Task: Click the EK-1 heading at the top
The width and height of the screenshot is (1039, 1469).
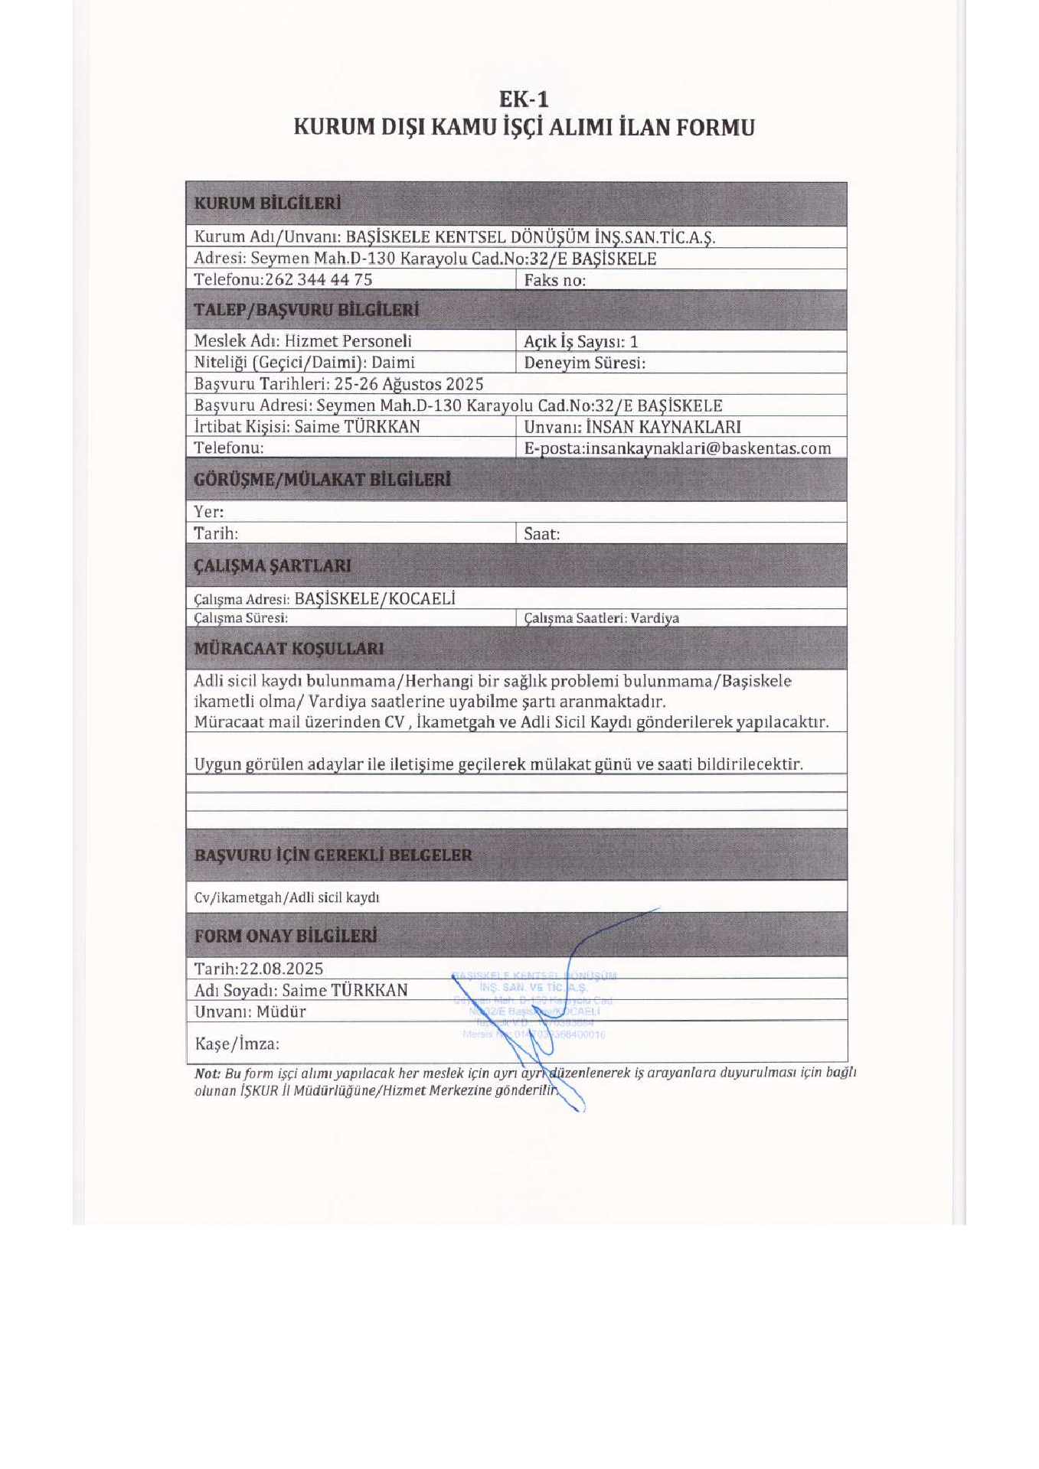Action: pos(524,99)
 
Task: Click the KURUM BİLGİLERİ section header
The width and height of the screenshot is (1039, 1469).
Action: pos(267,204)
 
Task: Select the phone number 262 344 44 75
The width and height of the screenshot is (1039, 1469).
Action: pos(319,279)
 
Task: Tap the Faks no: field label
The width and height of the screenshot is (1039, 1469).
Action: pos(554,280)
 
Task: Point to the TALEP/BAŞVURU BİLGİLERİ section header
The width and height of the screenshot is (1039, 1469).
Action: pos(306,310)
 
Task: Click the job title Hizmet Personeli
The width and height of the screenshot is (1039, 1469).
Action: pos(348,340)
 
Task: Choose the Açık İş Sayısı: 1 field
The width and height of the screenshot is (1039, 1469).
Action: pos(580,341)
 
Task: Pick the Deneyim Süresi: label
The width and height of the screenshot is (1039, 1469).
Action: pos(584,363)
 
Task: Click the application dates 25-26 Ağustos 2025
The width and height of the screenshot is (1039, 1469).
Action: pos(408,384)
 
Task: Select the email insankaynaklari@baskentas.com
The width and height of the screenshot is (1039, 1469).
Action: pos(708,448)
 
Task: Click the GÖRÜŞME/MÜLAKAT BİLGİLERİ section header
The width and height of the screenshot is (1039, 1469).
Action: pos(322,480)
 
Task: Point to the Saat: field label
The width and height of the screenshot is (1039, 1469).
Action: pos(541,534)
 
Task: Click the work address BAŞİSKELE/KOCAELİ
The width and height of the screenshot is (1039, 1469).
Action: pos(374,598)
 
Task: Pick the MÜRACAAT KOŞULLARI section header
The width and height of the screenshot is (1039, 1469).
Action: pos(289,649)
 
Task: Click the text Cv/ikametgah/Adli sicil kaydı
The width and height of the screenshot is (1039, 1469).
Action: pos(286,897)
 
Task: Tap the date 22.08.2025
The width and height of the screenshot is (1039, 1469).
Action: pos(281,969)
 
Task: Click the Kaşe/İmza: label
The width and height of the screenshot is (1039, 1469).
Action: pos(237,1044)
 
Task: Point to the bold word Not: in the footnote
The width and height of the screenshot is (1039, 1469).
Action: pos(207,1073)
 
